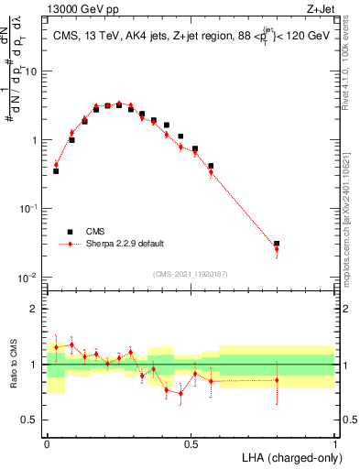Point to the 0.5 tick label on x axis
click(x=191, y=442)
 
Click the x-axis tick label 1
click(x=334, y=442)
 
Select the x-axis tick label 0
click(x=47, y=442)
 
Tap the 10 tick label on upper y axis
click(x=31, y=71)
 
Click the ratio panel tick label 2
click(x=35, y=309)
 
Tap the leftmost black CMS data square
click(x=56, y=171)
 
